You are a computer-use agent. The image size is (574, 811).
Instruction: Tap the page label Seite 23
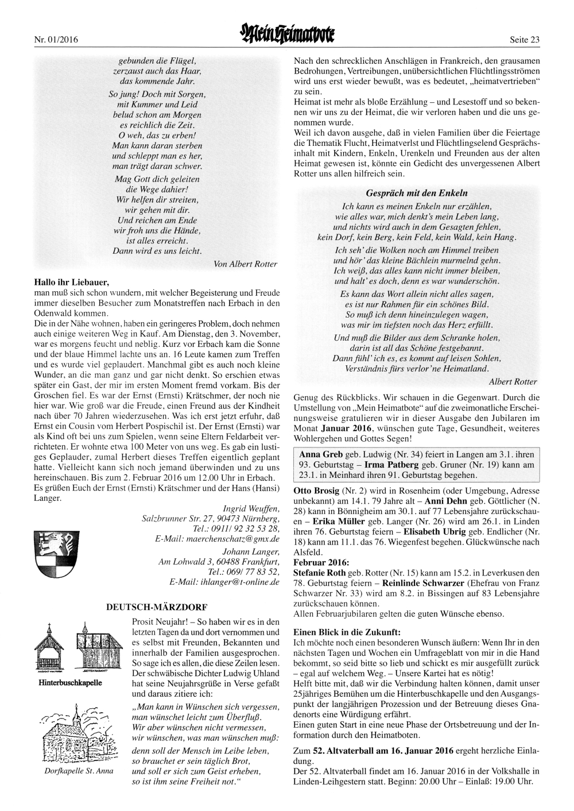pyautogui.click(x=524, y=40)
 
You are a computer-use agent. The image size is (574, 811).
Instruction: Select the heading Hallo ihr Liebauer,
pyautogui.click(x=72, y=282)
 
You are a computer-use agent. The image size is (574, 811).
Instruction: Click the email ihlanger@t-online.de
pyautogui.click(x=224, y=582)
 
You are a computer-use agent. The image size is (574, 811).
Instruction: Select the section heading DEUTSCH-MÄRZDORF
pyautogui.click(x=157, y=606)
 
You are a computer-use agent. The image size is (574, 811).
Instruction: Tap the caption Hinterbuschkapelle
pyautogui.click(x=69, y=683)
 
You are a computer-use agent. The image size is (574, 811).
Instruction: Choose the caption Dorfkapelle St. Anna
pyautogui.click(x=79, y=771)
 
